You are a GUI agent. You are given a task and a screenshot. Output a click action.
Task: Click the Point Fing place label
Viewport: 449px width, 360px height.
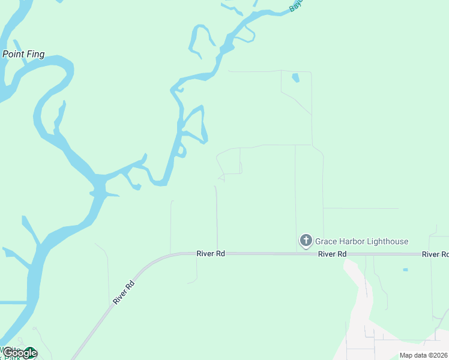click(x=23, y=54)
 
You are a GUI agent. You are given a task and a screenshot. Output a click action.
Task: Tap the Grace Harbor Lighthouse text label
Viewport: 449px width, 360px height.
click(x=361, y=242)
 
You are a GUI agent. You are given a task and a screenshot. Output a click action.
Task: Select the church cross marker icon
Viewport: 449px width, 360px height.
click(x=306, y=241)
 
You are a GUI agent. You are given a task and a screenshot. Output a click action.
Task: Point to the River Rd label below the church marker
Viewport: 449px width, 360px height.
click(x=333, y=254)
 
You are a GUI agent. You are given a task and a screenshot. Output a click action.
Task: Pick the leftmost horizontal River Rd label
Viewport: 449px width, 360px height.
click(x=211, y=254)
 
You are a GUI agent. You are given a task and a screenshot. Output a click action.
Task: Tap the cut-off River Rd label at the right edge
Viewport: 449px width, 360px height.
click(x=435, y=254)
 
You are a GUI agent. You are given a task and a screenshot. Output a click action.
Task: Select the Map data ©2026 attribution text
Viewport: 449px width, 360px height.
click(x=424, y=355)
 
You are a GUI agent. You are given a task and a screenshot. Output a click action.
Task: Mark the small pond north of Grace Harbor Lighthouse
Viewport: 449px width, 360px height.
click(x=295, y=78)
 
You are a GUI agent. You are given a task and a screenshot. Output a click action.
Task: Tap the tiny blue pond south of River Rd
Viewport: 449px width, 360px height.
click(x=405, y=270)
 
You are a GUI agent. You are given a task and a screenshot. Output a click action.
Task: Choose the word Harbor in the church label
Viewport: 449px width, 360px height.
click(x=349, y=242)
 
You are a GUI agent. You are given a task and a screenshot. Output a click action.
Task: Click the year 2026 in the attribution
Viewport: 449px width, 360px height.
click(x=439, y=355)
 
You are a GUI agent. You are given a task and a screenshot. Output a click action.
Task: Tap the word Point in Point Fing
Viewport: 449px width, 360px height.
click(x=13, y=54)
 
